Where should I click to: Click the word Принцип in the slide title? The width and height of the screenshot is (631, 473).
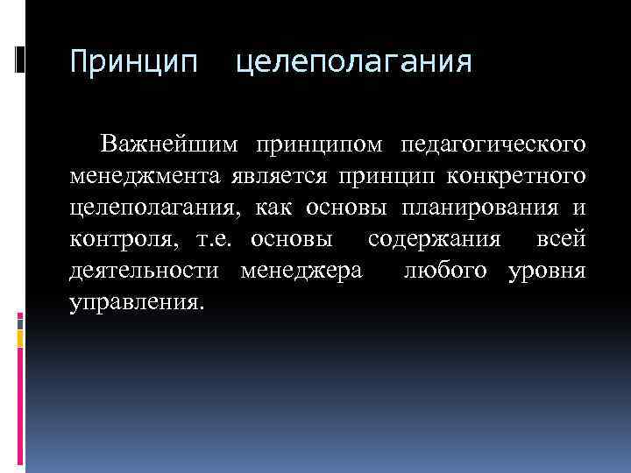click(134, 62)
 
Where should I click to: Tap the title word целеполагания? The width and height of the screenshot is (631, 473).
click(354, 62)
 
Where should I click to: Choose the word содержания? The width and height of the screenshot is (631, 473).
click(435, 240)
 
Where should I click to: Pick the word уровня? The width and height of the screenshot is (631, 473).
click(548, 272)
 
